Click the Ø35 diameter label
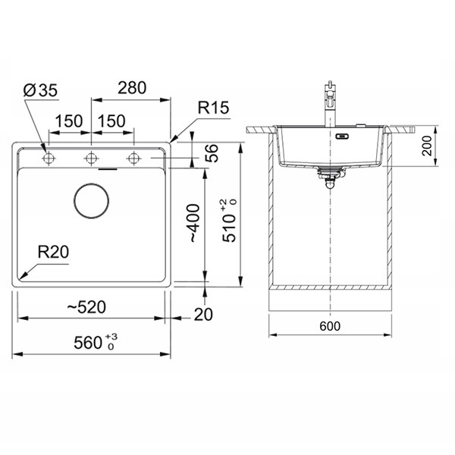(x=40, y=90)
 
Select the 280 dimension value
(x=132, y=88)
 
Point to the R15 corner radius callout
(x=213, y=108)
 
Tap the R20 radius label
(x=53, y=252)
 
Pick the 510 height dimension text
(x=230, y=221)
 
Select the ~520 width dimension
(x=86, y=307)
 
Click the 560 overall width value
(x=96, y=342)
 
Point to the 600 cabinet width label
(x=330, y=326)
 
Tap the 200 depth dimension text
(x=427, y=146)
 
